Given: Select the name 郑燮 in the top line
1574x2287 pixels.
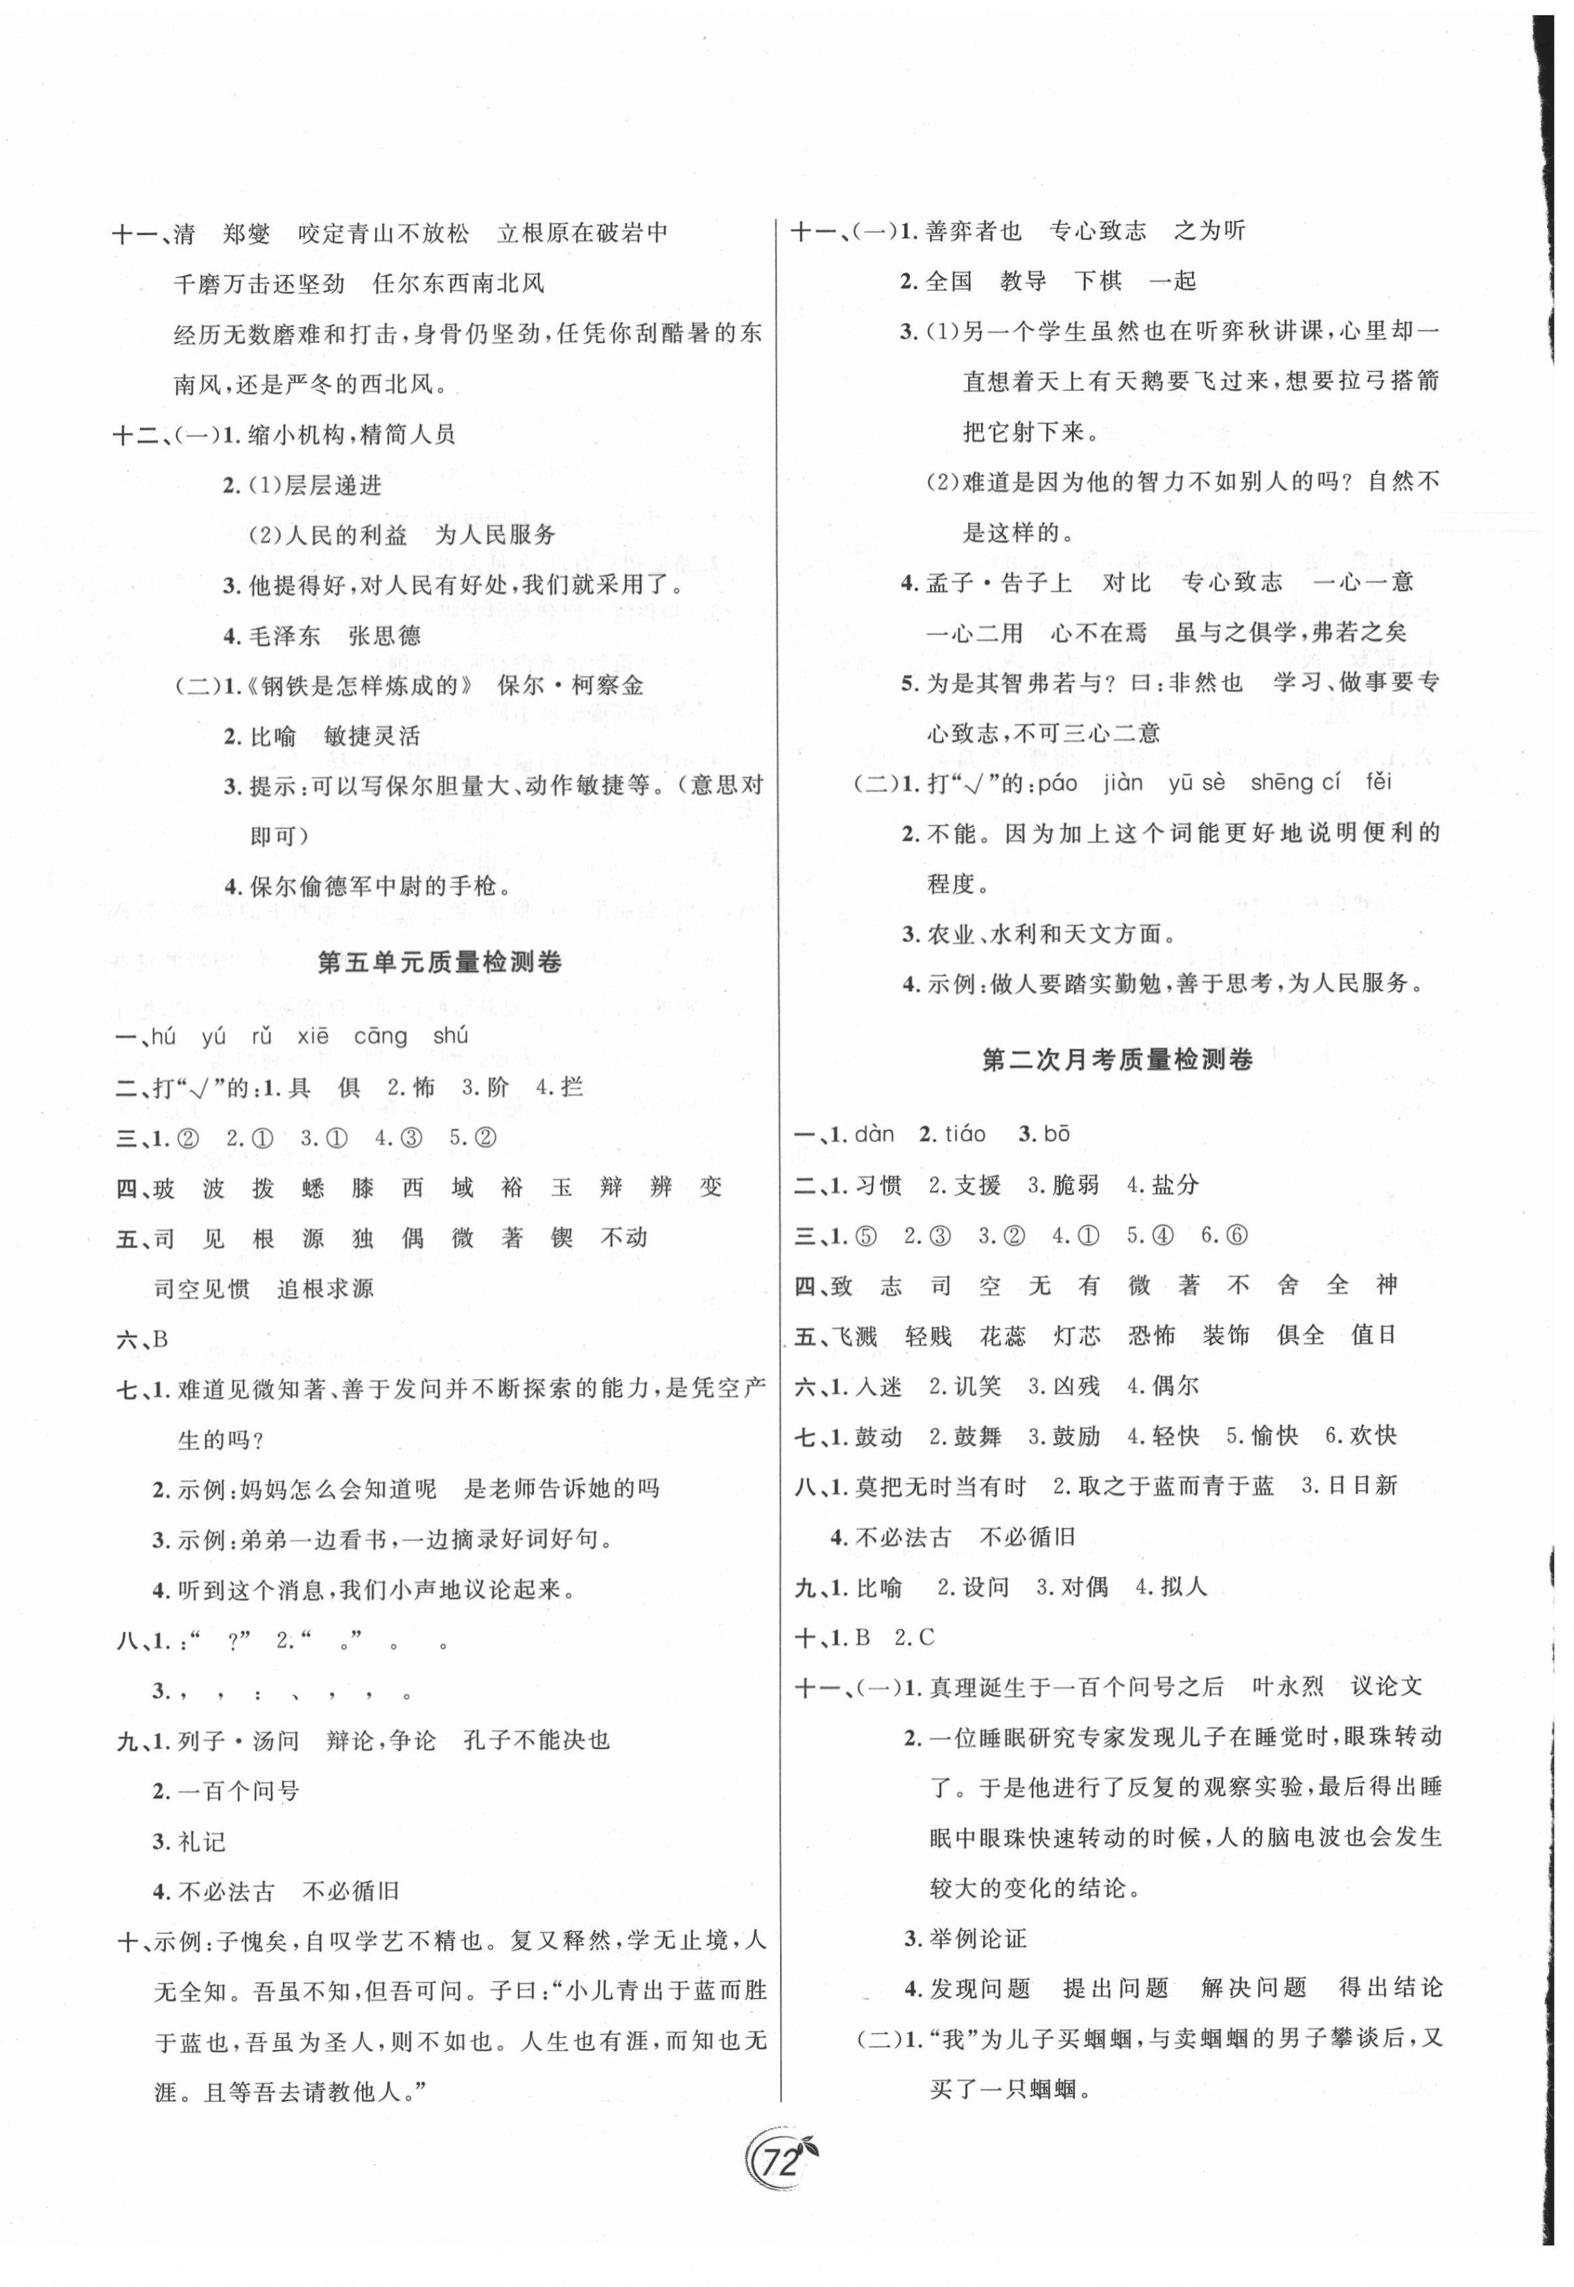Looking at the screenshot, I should [x=247, y=234].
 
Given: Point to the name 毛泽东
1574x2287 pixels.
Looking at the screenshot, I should [x=285, y=635].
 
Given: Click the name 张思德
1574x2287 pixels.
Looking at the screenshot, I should [x=386, y=635].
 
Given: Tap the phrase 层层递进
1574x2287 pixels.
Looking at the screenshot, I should [x=331, y=485].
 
